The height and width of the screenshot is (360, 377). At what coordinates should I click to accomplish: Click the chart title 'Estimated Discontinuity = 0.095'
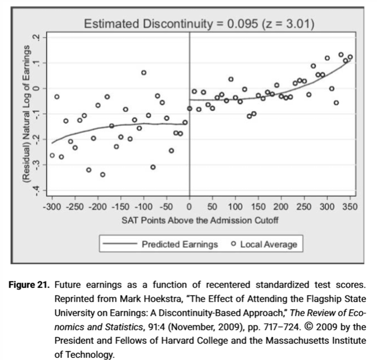[198, 24]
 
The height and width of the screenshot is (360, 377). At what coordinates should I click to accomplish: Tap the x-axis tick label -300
[52, 207]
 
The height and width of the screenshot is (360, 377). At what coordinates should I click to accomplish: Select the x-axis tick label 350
[350, 207]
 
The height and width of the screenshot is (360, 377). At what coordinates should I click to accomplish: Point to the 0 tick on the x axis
[190, 207]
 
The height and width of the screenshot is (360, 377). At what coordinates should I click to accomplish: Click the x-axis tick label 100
[235, 207]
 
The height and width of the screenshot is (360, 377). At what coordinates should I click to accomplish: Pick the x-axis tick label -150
[121, 207]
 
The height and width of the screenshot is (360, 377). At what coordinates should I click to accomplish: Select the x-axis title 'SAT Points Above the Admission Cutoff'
[200, 220]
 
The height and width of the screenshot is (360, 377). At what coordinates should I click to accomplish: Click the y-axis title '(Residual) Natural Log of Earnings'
[27, 114]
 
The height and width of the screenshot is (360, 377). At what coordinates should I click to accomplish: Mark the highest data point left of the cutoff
[143, 73]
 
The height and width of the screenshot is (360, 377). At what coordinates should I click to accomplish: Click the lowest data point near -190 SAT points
[103, 174]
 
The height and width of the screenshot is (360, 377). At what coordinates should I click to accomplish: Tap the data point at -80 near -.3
[153, 167]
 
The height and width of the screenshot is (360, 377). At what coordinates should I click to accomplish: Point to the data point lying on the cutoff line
[190, 108]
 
